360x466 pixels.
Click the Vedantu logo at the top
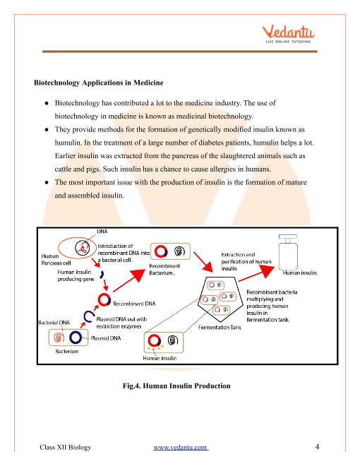click(288, 34)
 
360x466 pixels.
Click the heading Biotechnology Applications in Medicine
click(99, 83)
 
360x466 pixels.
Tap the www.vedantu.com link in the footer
click(181, 447)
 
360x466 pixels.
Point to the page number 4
click(317, 447)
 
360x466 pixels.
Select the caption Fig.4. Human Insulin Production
click(176, 386)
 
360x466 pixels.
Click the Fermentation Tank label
click(220, 327)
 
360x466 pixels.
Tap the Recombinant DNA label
click(134, 304)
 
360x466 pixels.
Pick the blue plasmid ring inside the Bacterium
click(76, 337)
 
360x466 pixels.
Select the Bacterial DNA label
click(54, 323)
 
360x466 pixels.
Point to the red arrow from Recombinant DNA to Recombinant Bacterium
click(129, 280)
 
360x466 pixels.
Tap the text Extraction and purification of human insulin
click(246, 261)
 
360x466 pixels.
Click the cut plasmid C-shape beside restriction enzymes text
click(88, 316)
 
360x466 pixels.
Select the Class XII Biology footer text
click(66, 447)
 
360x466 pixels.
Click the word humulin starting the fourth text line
click(68, 143)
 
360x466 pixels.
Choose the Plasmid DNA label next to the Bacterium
click(106, 338)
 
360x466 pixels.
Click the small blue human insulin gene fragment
click(102, 275)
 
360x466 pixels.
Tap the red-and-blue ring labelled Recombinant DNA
click(104, 299)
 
